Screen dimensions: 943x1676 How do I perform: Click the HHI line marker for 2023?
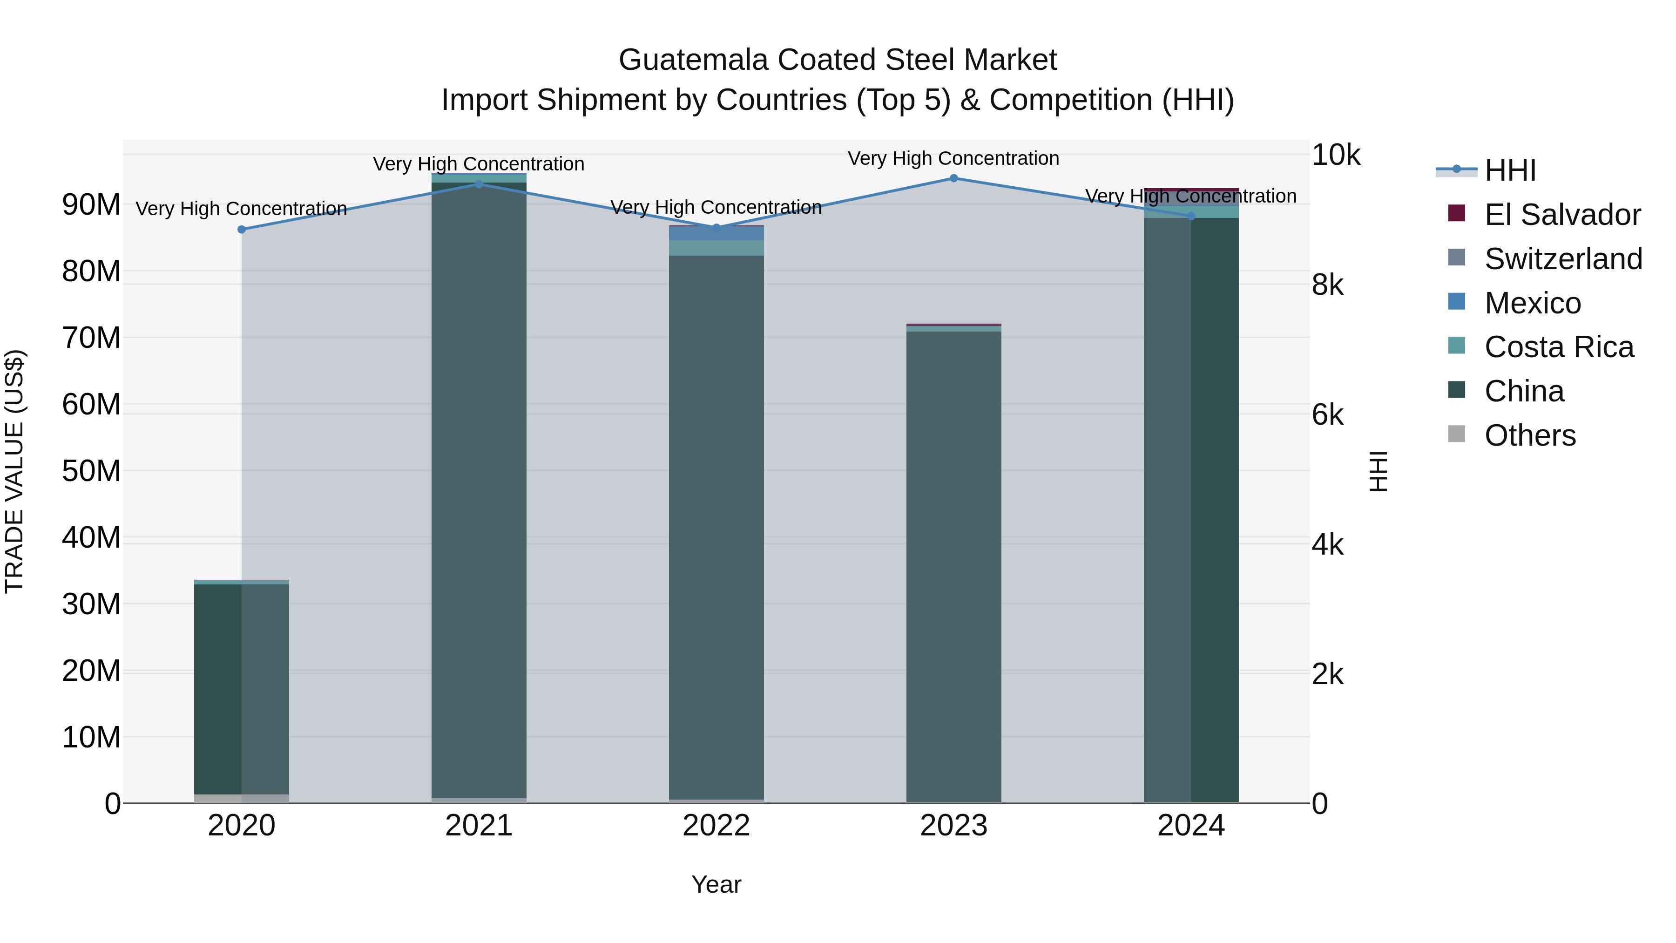click(x=954, y=178)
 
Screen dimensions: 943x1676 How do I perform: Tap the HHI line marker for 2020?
click(x=241, y=230)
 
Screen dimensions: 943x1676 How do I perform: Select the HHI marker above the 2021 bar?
click(x=479, y=184)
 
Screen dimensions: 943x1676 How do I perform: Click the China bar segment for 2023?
click(x=954, y=566)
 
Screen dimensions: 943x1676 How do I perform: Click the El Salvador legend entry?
click(x=1561, y=215)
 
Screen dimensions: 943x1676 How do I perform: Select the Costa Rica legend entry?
click(x=1558, y=347)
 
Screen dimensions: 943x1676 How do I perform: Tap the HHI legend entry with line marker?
click(x=1509, y=170)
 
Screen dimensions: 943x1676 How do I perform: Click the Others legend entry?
click(x=1529, y=435)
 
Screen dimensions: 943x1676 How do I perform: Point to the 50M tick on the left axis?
click(x=91, y=471)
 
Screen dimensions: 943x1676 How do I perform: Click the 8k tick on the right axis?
click(x=1327, y=285)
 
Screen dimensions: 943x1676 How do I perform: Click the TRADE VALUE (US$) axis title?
click(x=14, y=471)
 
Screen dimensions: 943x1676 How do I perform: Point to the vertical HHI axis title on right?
click(x=1378, y=471)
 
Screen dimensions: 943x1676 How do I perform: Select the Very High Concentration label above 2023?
click(x=954, y=159)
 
